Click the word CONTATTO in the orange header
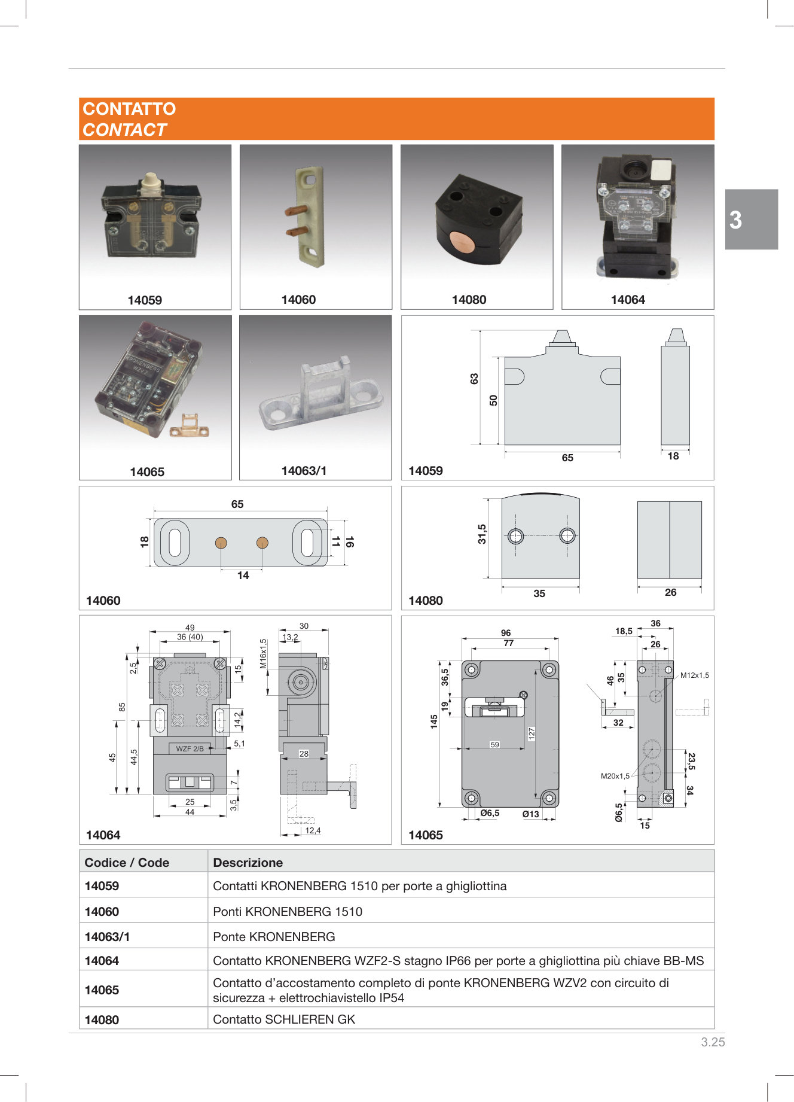129,109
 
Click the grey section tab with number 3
751,220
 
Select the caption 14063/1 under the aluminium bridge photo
304,471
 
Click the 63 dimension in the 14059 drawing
474,379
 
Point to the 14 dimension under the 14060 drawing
243,576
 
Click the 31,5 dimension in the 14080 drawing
482,534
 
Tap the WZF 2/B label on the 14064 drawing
190,748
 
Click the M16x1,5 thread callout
263,653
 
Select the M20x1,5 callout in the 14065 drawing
615,776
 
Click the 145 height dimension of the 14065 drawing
434,722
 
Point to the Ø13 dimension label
530,814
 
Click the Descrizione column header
248,863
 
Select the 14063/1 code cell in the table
107,937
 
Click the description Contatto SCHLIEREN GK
284,1019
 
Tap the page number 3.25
713,1042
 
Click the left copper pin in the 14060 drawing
221,543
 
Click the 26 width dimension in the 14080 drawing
670,592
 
